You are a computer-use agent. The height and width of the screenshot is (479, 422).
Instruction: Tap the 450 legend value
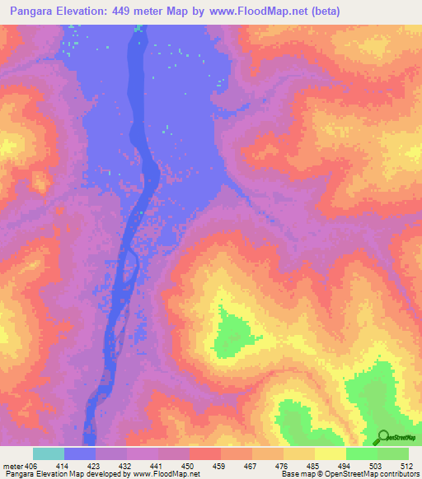click(x=189, y=466)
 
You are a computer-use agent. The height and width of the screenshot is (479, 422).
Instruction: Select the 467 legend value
click(x=251, y=466)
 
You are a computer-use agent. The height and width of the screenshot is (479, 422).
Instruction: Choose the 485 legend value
click(x=314, y=466)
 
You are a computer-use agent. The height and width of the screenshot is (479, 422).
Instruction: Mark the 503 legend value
click(x=376, y=466)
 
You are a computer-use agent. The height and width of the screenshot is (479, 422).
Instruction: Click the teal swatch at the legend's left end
click(x=49, y=453)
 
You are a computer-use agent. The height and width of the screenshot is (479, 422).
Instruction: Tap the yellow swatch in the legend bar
click(x=330, y=453)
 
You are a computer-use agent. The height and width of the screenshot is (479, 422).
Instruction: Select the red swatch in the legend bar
click(x=204, y=453)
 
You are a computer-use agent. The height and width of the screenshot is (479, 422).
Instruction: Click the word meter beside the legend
click(x=12, y=466)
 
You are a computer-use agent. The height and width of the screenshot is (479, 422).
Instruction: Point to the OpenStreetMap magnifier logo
click(x=384, y=436)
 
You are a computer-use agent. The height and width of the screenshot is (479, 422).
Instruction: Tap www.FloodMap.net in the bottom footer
click(x=163, y=474)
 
